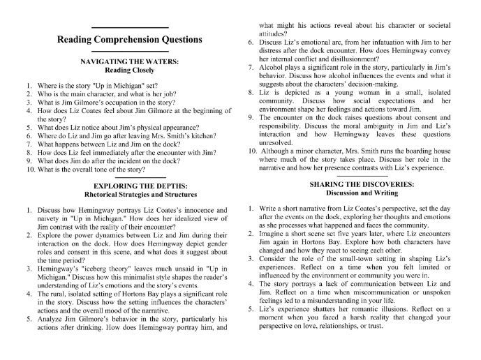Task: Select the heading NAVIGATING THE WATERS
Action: pyautogui.click(x=130, y=61)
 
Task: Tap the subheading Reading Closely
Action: pyautogui.click(x=130, y=70)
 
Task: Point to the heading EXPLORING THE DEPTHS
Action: pyautogui.click(x=130, y=187)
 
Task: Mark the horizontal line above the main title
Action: pyautogui.click(x=130, y=27)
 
